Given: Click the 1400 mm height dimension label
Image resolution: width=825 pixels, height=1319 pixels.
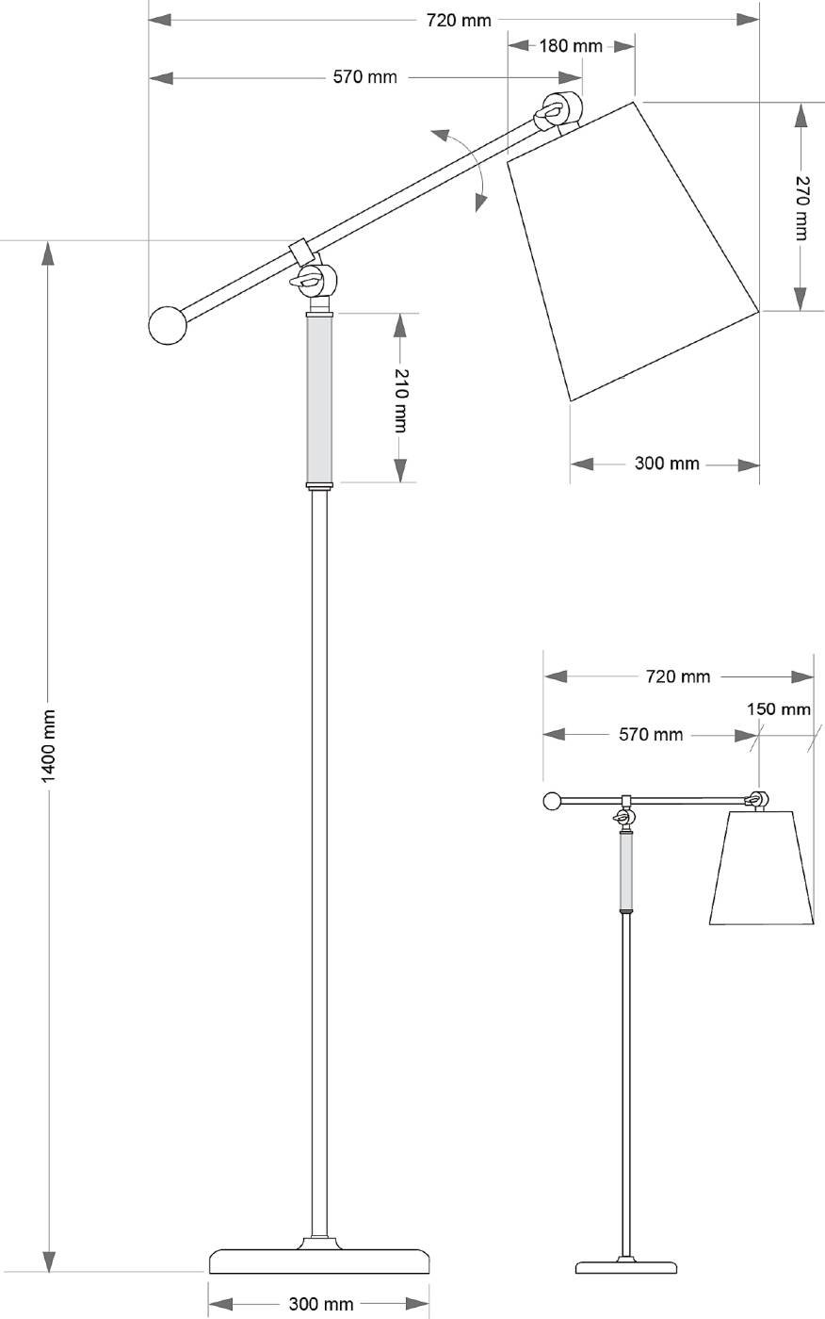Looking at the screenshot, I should tap(49, 744).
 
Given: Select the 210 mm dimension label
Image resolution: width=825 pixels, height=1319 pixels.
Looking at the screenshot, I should tap(400, 399).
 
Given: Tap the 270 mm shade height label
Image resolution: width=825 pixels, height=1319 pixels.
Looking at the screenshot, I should tap(801, 207).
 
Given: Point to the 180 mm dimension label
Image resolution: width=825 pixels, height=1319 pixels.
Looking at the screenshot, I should tap(571, 46).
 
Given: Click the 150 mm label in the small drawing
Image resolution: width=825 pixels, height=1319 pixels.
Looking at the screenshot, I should tap(779, 708).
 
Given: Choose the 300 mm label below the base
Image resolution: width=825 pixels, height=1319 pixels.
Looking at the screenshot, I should tap(321, 1304).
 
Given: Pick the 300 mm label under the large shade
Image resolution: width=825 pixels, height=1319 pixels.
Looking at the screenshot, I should tap(667, 464).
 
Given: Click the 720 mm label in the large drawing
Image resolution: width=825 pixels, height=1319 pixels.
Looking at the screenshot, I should tap(460, 20).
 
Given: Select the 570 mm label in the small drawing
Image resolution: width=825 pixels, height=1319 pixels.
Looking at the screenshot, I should tap(651, 734).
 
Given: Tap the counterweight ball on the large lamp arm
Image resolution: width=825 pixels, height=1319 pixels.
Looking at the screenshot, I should tap(168, 325).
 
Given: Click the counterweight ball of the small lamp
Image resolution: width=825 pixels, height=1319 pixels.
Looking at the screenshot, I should tap(553, 802).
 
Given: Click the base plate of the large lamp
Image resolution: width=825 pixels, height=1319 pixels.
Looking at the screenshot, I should tap(319, 1261).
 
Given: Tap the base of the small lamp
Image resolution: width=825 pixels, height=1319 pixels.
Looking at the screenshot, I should tap(626, 1266).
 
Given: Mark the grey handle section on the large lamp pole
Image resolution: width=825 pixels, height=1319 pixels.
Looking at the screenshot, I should tap(320, 399).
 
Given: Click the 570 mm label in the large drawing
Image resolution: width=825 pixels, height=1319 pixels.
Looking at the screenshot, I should tap(365, 77).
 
